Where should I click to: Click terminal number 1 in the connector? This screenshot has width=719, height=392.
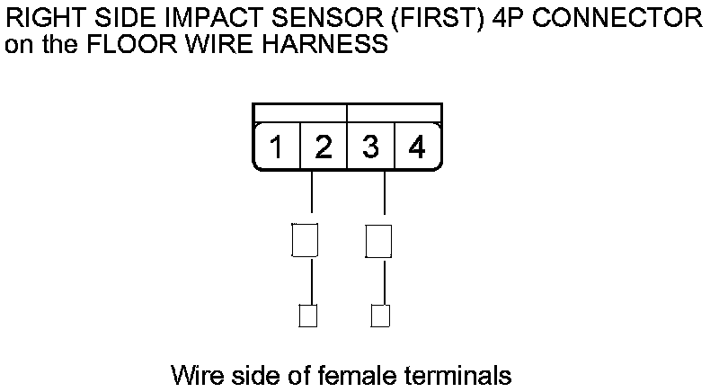(279, 147)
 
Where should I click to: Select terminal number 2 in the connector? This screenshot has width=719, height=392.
(324, 147)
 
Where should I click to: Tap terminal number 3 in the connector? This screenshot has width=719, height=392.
(370, 147)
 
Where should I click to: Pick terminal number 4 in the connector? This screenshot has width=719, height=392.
(416, 147)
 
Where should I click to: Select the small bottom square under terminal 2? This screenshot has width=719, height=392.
(307, 316)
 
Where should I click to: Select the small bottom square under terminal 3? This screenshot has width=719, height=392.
(380, 316)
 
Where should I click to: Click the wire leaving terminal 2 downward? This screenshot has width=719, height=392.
(311, 193)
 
